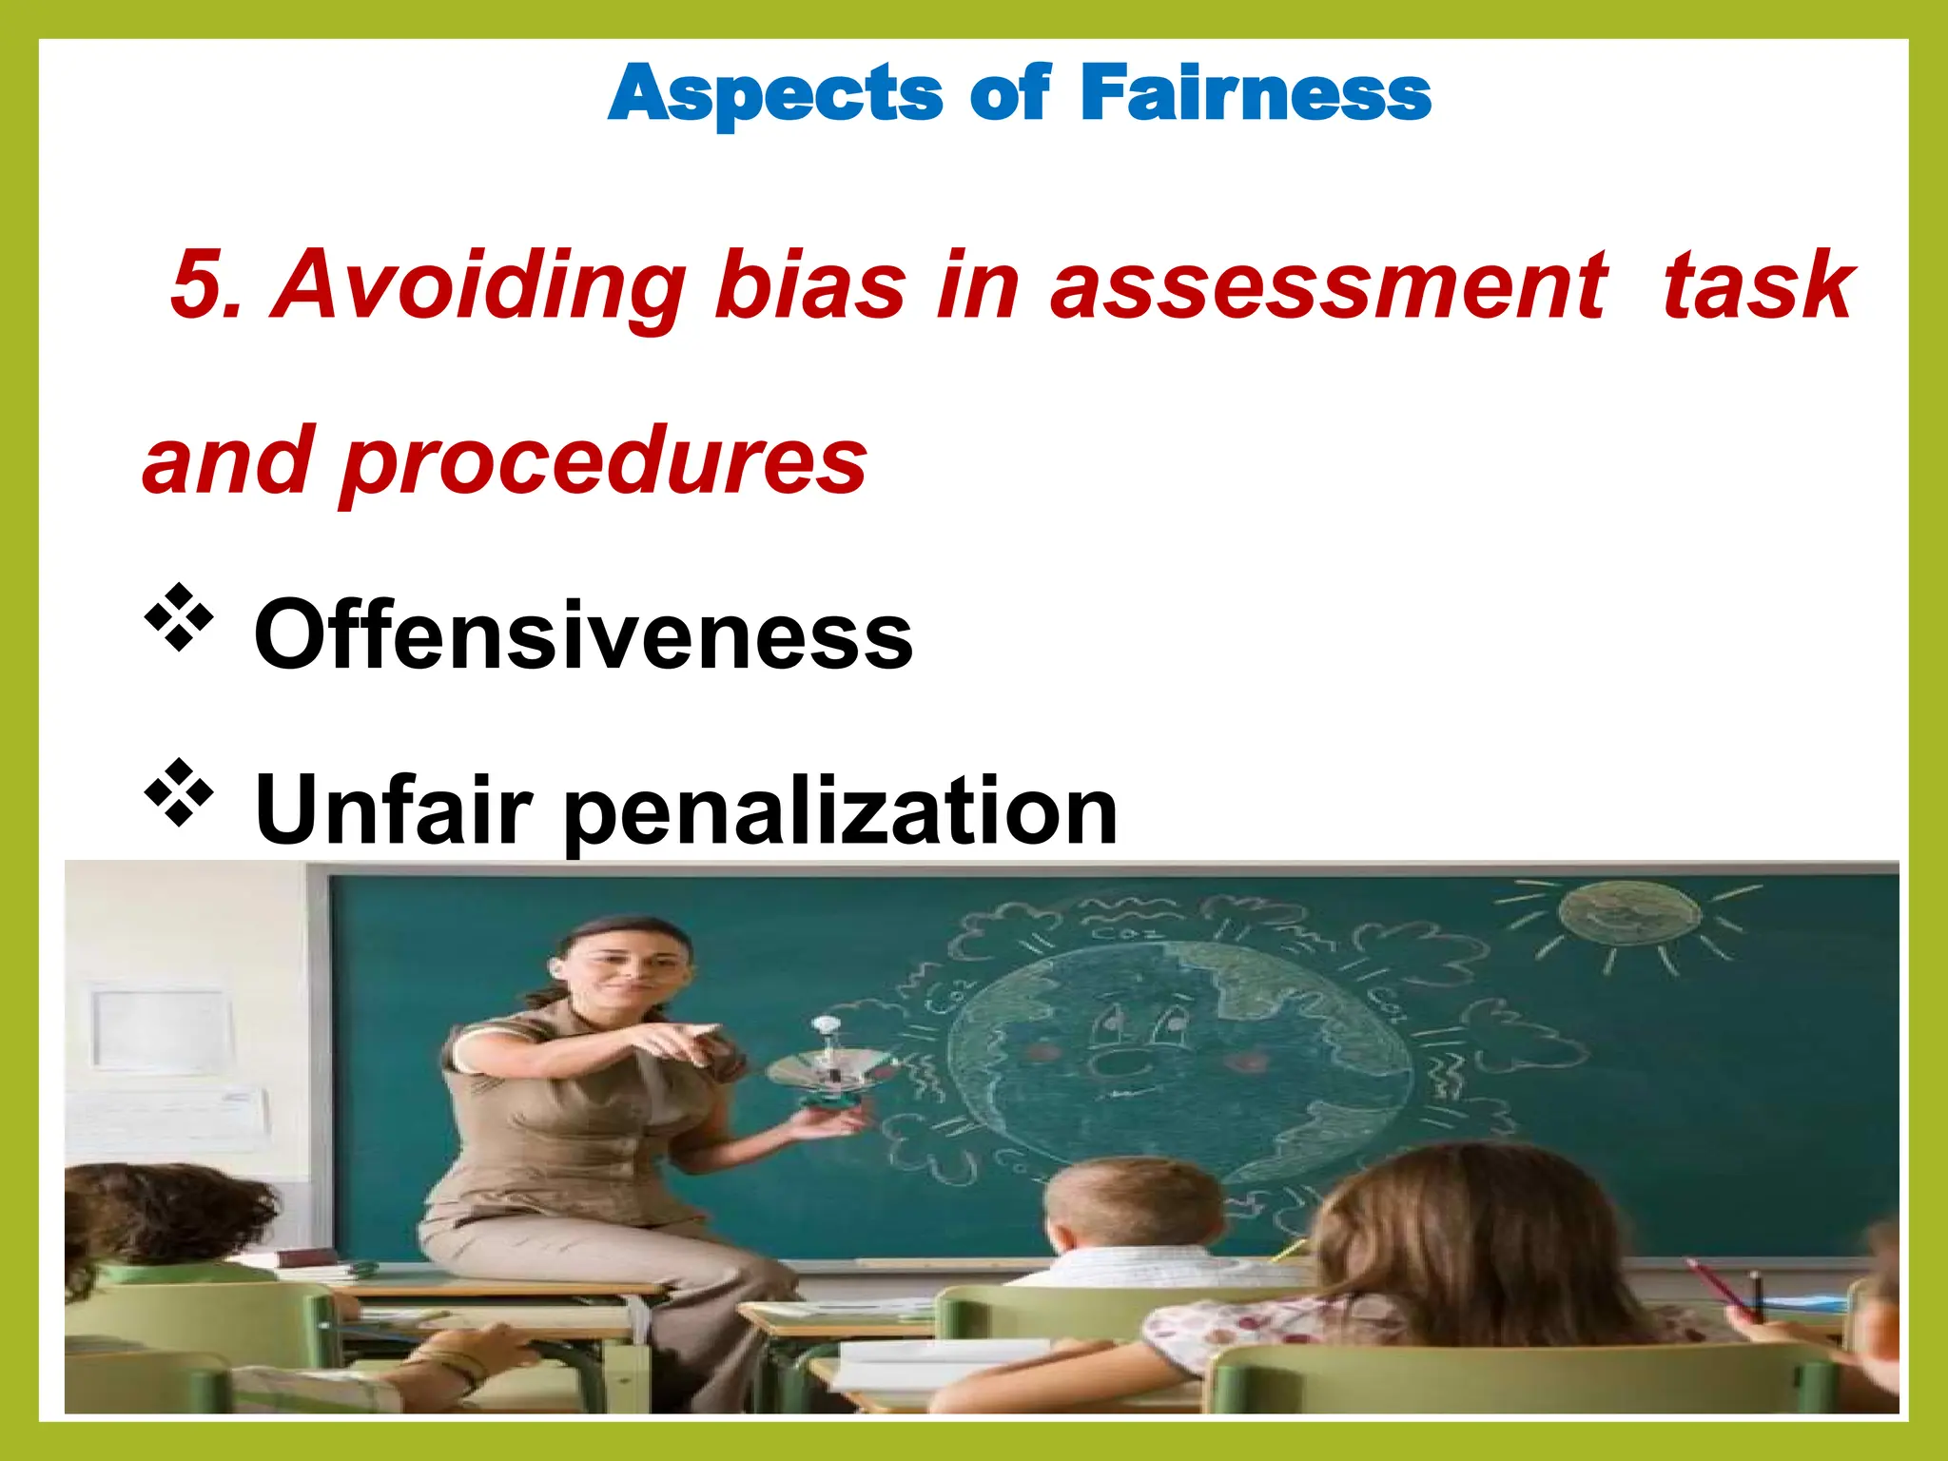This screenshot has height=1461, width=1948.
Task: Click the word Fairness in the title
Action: (x=1255, y=93)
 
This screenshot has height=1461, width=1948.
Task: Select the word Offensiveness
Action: (x=583, y=633)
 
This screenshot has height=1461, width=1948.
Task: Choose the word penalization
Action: (x=842, y=810)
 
